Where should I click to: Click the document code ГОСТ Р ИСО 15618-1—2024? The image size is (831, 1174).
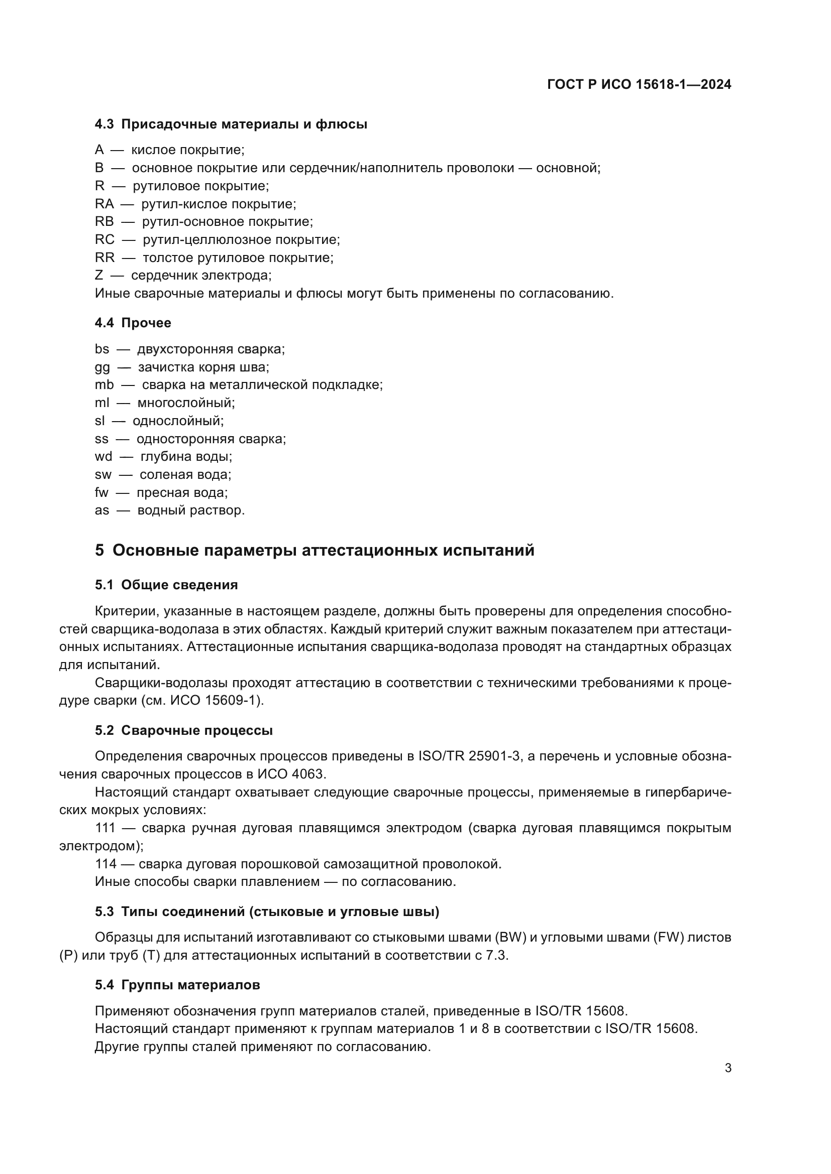pos(639,85)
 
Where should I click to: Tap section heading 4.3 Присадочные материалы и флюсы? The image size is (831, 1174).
pos(231,124)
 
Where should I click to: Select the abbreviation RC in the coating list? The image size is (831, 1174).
pos(105,240)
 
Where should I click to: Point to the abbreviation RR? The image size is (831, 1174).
pos(105,257)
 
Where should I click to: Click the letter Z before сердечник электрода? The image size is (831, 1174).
pos(99,276)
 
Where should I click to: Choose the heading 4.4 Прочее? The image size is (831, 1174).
pos(133,323)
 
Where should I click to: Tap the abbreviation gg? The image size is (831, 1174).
pos(102,367)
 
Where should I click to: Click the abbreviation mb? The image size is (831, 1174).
pos(104,385)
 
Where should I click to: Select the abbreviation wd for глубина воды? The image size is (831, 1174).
pos(103,457)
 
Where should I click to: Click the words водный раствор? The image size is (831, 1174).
pos(191,510)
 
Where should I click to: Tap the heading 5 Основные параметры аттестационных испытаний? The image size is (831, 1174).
pos(315,551)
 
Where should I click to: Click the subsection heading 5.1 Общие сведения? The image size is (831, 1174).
pos(166,585)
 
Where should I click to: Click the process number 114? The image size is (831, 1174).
pos(106,864)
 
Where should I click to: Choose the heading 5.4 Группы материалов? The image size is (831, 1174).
pos(177,985)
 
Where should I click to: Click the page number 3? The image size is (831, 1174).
pos(728,1068)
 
